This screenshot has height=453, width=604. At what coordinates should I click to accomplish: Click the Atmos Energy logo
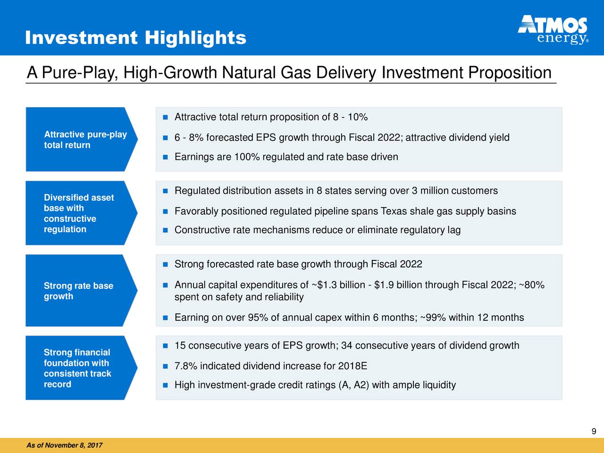[x=553, y=30]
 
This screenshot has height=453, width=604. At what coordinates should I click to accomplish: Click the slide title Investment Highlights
[x=135, y=38]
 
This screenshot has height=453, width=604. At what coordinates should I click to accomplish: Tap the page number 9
[x=594, y=431]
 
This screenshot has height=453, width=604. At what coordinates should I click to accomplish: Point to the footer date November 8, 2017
[x=74, y=445]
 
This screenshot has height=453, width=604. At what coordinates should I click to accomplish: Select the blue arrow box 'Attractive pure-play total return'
[x=82, y=139]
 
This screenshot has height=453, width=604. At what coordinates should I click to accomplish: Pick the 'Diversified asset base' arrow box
[x=82, y=213]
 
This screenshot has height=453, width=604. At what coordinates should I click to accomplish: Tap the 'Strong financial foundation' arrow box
[x=82, y=368]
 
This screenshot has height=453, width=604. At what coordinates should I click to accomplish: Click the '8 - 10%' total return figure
[x=350, y=117]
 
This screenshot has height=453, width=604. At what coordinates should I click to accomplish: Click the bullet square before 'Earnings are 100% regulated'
[x=165, y=157]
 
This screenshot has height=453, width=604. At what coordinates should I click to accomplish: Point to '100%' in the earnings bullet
[x=247, y=157]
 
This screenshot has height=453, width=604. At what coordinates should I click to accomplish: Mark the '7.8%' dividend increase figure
[x=186, y=366]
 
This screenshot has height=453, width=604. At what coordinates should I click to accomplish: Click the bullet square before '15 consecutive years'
[x=165, y=346]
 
